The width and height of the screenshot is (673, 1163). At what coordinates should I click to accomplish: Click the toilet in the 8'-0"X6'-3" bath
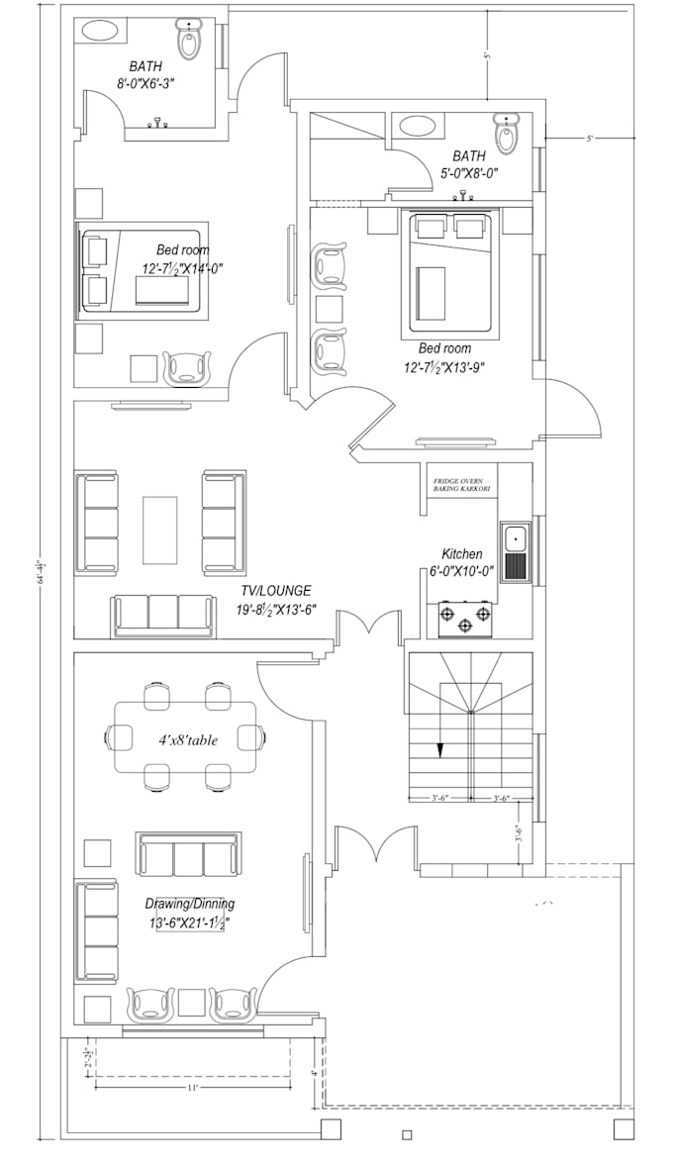click(188, 41)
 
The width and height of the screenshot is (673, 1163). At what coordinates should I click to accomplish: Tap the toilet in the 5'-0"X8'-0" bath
click(507, 135)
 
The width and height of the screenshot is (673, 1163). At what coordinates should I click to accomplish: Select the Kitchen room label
click(462, 554)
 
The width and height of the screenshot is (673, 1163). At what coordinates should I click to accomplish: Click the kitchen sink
click(516, 552)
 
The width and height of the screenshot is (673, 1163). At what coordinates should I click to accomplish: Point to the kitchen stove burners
click(464, 620)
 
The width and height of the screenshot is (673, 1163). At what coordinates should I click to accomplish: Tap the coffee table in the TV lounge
click(159, 528)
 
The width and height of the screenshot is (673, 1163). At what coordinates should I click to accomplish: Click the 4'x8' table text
click(186, 738)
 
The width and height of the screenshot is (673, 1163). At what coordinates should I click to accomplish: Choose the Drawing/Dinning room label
click(189, 904)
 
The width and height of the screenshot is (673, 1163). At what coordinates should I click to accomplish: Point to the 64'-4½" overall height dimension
click(41, 571)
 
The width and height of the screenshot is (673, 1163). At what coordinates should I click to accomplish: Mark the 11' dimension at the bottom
click(193, 1087)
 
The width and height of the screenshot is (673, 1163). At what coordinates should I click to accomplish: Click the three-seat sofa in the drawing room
click(188, 855)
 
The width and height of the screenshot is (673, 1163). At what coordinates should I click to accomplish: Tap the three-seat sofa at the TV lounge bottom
click(163, 616)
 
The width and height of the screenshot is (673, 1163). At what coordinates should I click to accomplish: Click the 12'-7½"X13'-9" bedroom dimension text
click(444, 366)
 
